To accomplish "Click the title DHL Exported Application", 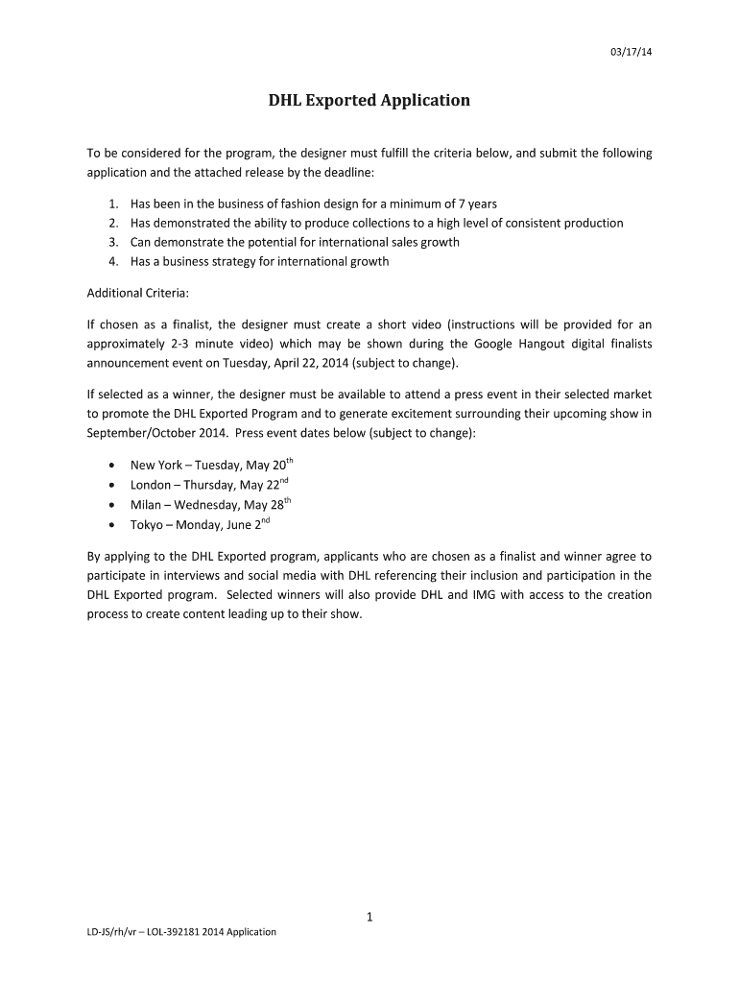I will click(x=369, y=100).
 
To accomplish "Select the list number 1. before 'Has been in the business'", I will click(x=113, y=204).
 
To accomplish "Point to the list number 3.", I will click(x=113, y=242).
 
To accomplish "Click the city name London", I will click(x=151, y=485).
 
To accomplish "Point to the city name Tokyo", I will click(x=148, y=525).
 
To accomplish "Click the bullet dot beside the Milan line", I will click(x=113, y=505).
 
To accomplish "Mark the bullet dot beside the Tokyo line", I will click(x=113, y=525).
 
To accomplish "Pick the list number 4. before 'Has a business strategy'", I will click(x=113, y=261).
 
